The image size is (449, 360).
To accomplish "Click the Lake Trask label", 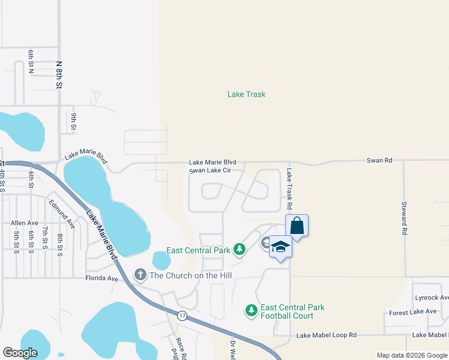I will click(x=246, y=94).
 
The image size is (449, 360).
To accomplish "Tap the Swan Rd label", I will click(x=379, y=160).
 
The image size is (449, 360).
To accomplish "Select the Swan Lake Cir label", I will click(x=210, y=170).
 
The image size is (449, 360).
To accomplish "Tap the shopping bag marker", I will click(x=297, y=226).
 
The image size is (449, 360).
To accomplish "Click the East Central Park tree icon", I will click(x=240, y=248).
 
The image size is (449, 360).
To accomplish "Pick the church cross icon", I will click(x=140, y=275).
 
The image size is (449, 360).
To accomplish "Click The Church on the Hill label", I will click(x=190, y=275).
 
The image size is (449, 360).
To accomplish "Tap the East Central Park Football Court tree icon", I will click(x=251, y=311).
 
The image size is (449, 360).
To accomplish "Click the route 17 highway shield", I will click(x=181, y=315).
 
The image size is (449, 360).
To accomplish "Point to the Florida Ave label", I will click(x=102, y=278).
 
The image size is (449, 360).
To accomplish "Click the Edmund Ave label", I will click(x=62, y=214).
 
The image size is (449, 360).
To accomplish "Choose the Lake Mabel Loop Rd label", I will click(x=327, y=335).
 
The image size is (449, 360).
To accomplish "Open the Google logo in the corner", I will click(x=20, y=353).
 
